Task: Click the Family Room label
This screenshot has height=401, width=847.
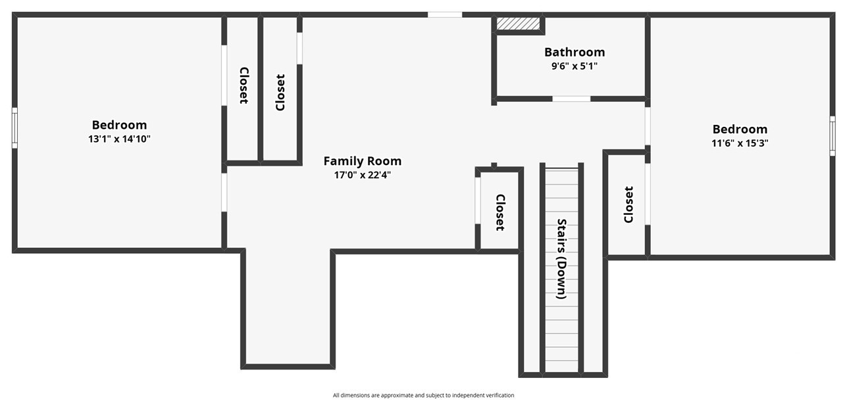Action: tap(362, 161)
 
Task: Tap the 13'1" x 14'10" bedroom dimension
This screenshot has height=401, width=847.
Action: tap(119, 139)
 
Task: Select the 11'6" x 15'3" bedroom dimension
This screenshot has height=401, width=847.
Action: tap(740, 143)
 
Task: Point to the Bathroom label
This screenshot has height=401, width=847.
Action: tap(575, 52)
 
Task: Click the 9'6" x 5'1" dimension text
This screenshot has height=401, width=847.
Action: tap(575, 66)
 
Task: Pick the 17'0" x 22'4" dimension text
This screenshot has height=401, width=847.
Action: tap(362, 175)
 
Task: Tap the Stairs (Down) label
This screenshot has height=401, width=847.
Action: tap(561, 258)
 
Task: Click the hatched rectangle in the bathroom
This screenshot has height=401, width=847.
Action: tap(518, 24)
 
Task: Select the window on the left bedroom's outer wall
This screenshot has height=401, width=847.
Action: tap(14, 128)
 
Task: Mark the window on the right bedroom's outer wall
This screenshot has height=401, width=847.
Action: tap(833, 136)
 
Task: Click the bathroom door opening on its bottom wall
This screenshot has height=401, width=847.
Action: tap(571, 99)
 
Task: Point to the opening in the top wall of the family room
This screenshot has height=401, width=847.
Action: tap(445, 14)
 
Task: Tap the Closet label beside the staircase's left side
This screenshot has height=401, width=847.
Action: tap(500, 212)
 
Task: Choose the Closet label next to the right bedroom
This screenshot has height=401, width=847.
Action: tap(629, 204)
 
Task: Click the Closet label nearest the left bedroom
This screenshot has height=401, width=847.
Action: tap(244, 85)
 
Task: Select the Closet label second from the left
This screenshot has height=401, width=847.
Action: tap(280, 93)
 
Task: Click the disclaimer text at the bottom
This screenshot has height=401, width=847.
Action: tap(423, 395)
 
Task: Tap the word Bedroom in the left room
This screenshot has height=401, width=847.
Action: tap(119, 125)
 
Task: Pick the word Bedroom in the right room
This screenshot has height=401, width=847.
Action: tap(740, 129)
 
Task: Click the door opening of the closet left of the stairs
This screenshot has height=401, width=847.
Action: tap(478, 200)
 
